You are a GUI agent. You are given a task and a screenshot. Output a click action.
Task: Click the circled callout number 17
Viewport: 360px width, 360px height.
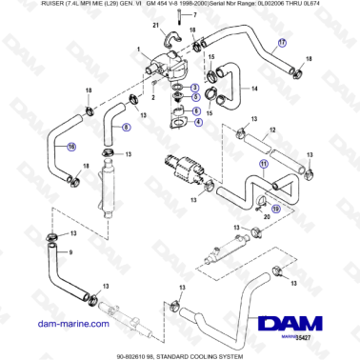point(281,44)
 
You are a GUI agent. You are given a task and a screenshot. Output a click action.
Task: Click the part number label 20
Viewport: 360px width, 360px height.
point(268,215)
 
